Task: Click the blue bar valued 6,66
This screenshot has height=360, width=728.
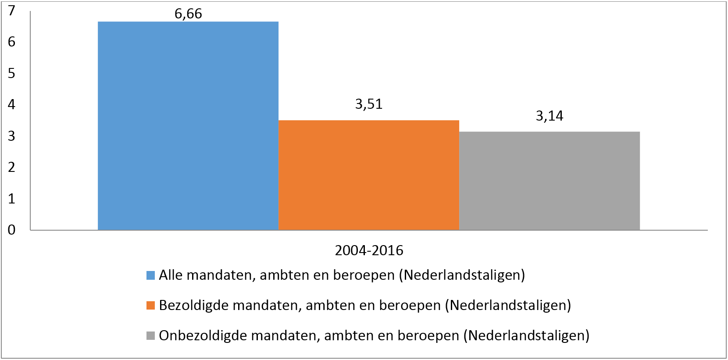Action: click(x=188, y=126)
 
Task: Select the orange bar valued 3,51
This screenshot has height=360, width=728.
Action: click(x=368, y=175)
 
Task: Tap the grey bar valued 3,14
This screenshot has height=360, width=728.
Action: click(x=549, y=181)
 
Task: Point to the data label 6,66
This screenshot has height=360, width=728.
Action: click(x=188, y=14)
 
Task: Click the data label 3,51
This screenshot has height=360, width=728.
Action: click(x=369, y=104)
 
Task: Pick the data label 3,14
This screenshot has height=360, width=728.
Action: click(x=550, y=116)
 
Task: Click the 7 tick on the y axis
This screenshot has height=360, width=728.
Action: click(x=11, y=10)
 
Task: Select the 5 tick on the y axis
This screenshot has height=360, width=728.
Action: click(x=11, y=73)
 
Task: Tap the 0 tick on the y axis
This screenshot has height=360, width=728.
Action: click(x=11, y=230)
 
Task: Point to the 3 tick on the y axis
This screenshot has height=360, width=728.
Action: click(x=11, y=136)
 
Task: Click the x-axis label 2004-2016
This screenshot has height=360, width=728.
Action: click(x=369, y=250)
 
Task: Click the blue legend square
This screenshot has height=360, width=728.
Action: click(x=151, y=275)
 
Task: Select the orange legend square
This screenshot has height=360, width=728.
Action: click(x=151, y=305)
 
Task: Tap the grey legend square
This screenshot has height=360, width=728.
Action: click(x=151, y=335)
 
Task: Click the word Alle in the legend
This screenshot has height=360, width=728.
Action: click(x=171, y=275)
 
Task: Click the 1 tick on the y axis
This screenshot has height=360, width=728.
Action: click(x=11, y=199)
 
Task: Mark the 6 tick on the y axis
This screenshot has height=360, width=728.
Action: click(x=11, y=42)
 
